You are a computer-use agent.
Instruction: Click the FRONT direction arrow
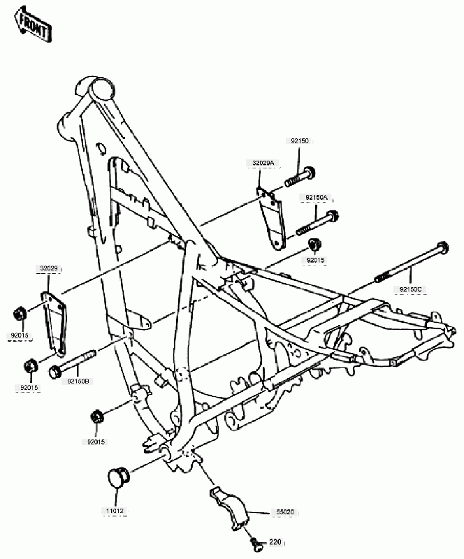[x=33, y=24]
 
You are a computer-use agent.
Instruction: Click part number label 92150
[x=300, y=141]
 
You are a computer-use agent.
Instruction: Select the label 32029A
[x=263, y=163]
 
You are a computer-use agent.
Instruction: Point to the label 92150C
[x=410, y=289]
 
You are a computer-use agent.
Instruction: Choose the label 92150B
[x=78, y=381]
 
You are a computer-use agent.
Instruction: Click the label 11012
[x=115, y=511]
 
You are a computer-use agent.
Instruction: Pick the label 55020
[x=285, y=512]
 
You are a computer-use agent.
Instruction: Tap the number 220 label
[x=275, y=542]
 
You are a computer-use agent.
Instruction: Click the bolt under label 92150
[x=300, y=177]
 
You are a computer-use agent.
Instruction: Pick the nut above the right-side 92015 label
[x=314, y=245]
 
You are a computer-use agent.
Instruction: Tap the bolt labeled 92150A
[x=317, y=223]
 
